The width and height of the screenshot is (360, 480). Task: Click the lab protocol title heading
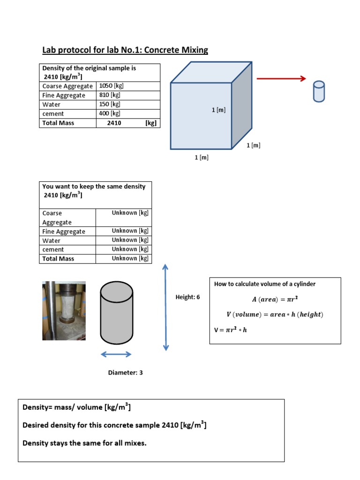[125, 50]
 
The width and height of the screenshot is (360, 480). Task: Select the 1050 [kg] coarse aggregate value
[112, 86]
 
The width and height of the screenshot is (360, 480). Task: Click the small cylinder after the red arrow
[319, 91]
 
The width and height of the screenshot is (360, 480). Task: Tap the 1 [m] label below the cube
[202, 157]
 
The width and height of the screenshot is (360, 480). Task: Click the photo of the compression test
[64, 310]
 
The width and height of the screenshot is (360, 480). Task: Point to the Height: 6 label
[187, 297]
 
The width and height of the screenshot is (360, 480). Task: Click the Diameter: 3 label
[125, 373]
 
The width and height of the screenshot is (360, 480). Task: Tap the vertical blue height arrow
[165, 307]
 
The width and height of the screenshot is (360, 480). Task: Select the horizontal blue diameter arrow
[116, 354]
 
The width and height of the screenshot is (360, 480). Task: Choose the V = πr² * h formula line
[230, 330]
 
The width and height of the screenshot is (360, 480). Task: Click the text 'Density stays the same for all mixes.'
[84, 442]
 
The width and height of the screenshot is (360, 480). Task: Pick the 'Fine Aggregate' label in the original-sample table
[64, 95]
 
